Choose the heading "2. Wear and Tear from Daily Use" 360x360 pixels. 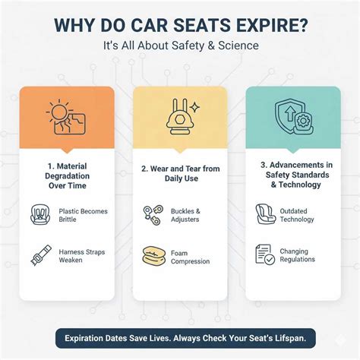coord(180,174)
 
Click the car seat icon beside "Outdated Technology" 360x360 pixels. coord(264,215)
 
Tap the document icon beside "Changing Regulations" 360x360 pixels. coord(264,254)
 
